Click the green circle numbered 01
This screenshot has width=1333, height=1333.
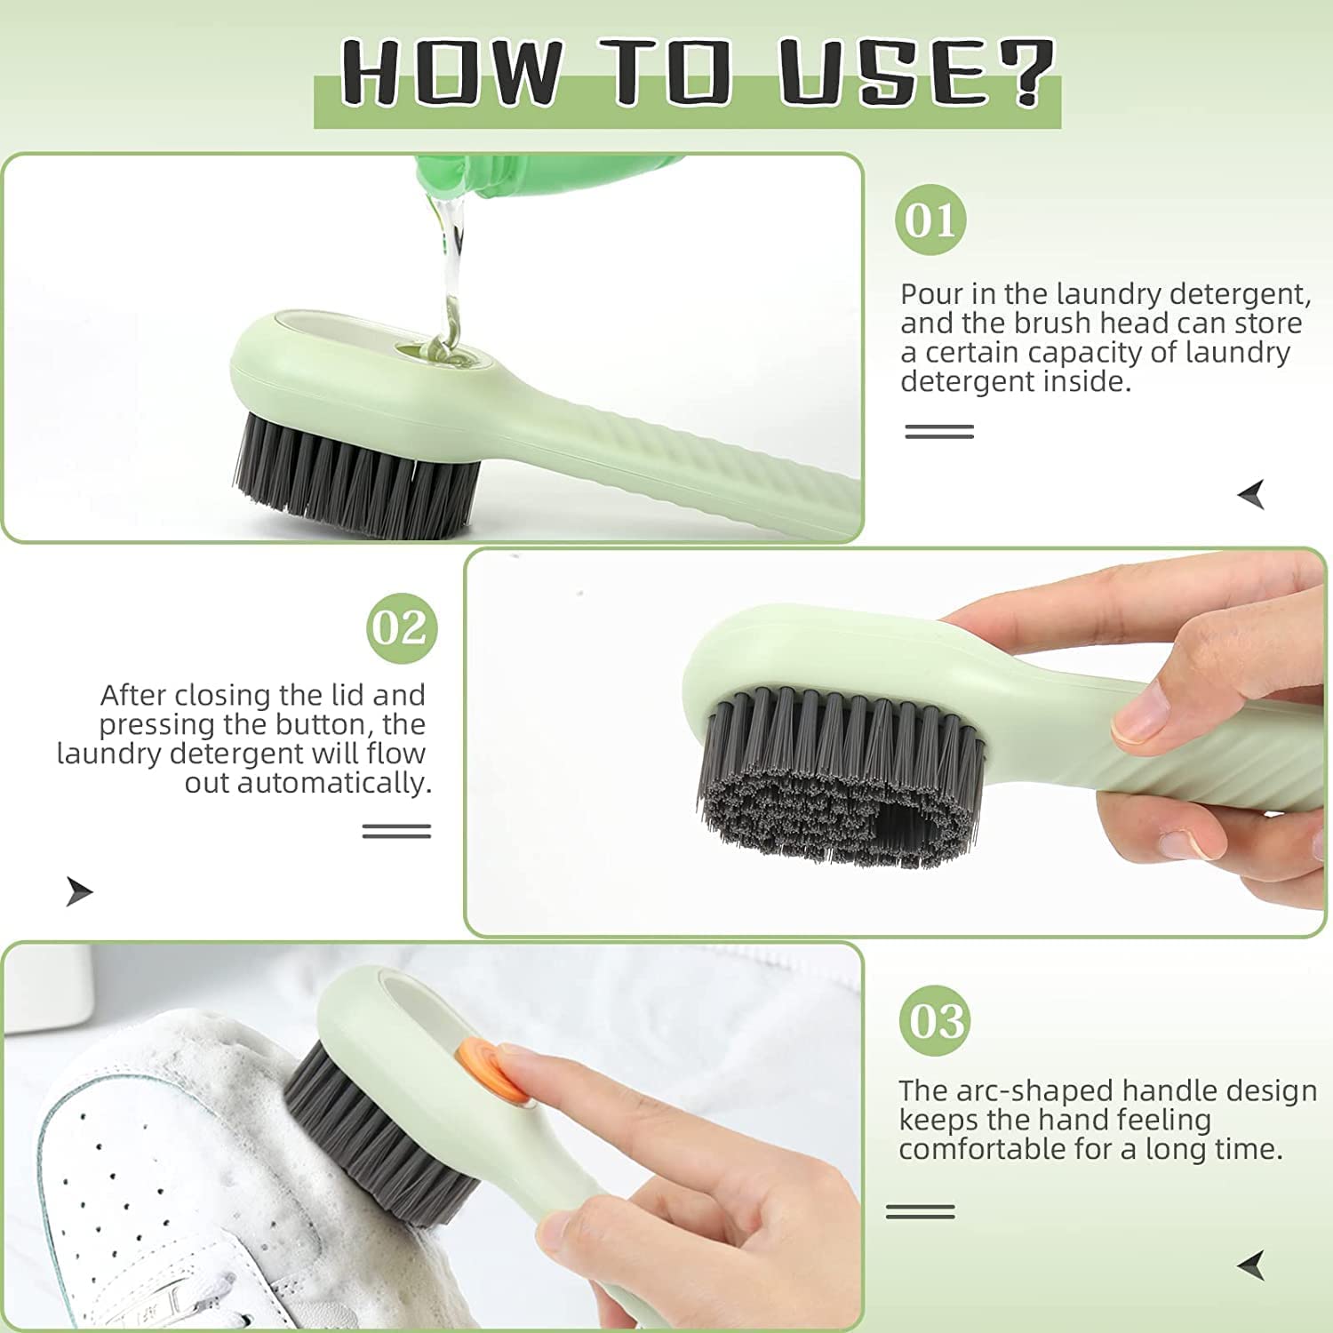(x=930, y=220)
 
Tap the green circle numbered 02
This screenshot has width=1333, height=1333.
(x=402, y=628)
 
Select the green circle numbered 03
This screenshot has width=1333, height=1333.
(x=935, y=1020)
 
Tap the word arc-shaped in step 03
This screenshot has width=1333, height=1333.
(x=1006, y=1090)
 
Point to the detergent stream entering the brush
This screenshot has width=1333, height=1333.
(x=451, y=284)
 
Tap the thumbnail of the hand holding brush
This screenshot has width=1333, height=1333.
(x=895, y=742)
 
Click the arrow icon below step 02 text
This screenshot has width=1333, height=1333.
(x=79, y=890)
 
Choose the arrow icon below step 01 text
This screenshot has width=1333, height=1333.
(x=1251, y=494)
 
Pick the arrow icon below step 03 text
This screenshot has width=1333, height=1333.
(x=1251, y=1265)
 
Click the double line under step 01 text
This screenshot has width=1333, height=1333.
(x=939, y=432)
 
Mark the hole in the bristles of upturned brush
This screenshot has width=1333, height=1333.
(x=902, y=829)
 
